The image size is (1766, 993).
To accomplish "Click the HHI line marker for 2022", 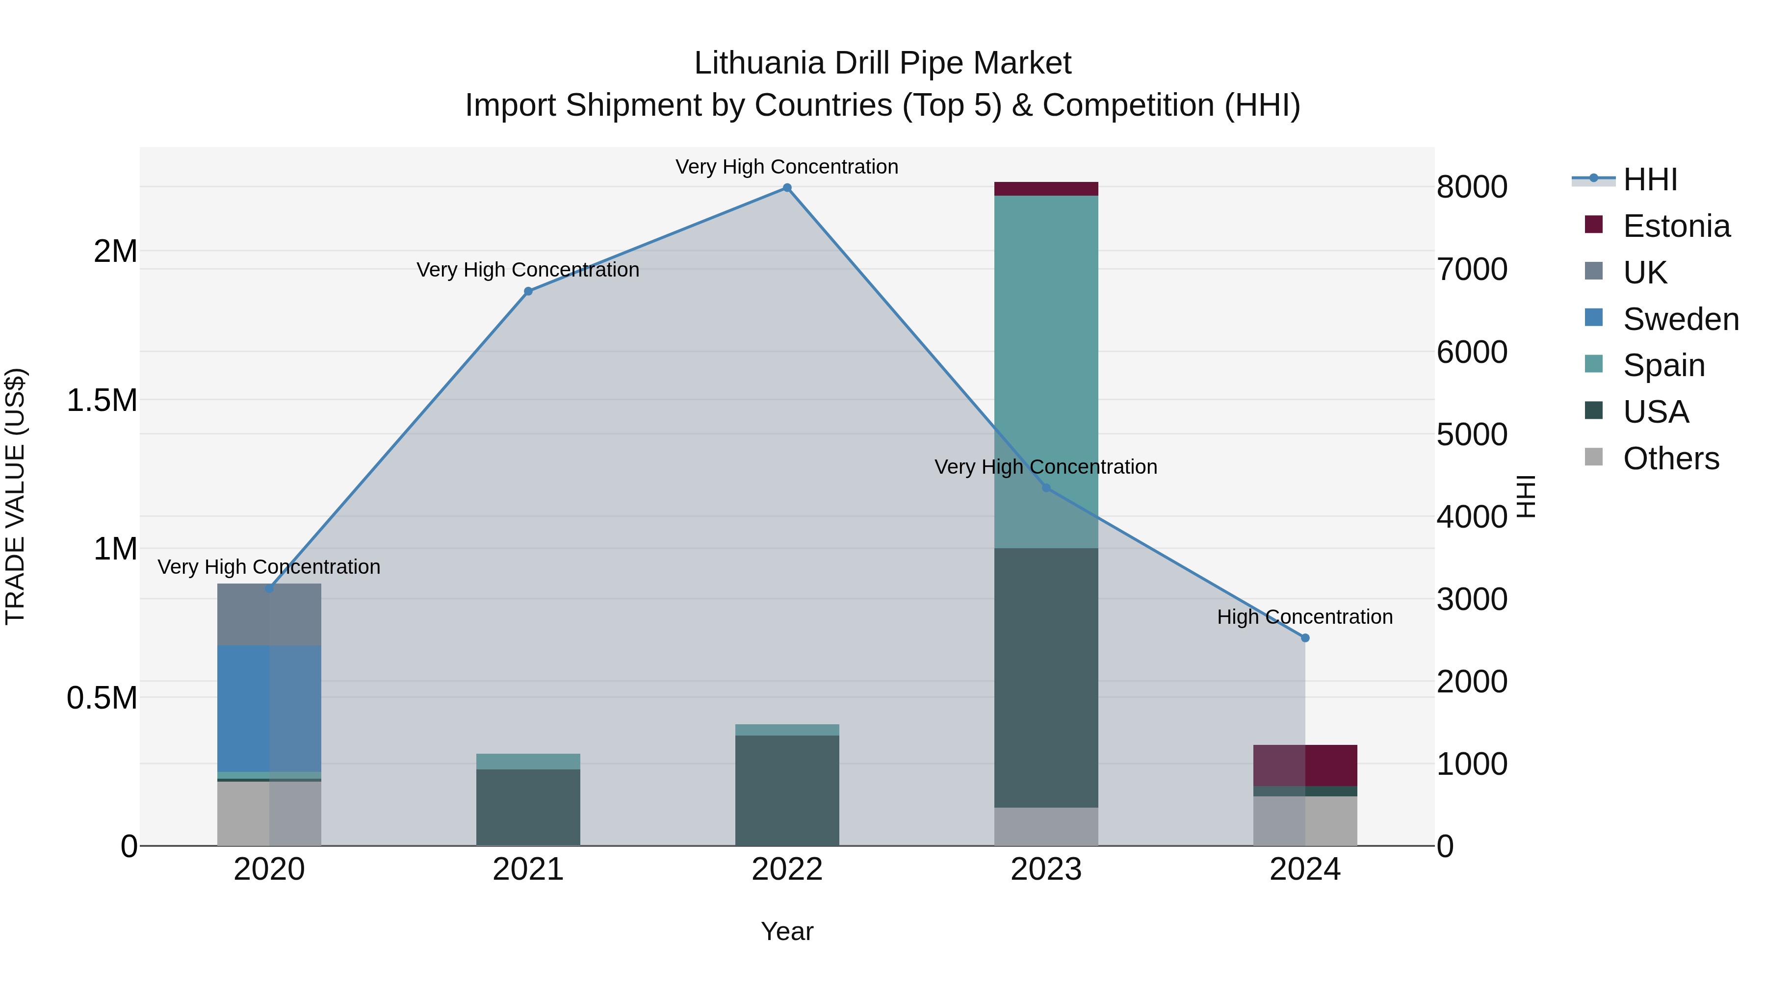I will tap(787, 188).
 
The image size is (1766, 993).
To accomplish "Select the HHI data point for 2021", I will tap(528, 291).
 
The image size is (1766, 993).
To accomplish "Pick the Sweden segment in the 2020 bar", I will tap(269, 708).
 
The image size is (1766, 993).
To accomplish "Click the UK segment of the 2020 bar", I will tap(269, 614).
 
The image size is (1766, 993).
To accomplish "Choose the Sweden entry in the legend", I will tap(1680, 319).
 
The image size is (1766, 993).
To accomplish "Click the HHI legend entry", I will tap(1650, 179).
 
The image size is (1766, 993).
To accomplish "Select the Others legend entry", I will tap(1671, 458).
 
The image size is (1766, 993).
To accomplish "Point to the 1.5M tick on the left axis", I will tap(102, 400).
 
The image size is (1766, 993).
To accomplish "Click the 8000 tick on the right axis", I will tap(1471, 187).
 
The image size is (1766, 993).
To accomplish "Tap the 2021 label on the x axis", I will tap(528, 869).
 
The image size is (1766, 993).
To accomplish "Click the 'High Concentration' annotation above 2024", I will tap(1304, 617).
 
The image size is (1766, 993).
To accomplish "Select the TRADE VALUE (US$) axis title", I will tap(15, 496).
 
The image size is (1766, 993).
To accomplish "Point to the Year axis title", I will tap(787, 931).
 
